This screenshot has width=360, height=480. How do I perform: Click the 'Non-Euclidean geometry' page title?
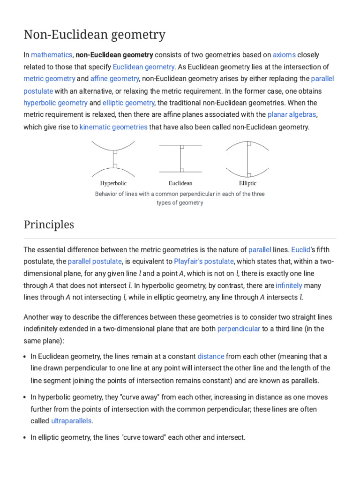[94, 35]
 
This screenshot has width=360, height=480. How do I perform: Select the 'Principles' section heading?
[49, 225]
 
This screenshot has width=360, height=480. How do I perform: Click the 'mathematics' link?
[52, 55]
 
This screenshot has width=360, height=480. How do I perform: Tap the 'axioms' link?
[284, 55]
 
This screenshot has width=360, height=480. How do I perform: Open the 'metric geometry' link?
[49, 79]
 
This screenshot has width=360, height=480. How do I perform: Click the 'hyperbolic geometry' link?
[55, 103]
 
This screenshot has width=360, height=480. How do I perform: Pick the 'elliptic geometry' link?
[128, 103]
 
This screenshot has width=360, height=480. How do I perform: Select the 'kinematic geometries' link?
[113, 127]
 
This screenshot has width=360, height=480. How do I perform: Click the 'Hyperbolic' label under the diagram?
[113, 183]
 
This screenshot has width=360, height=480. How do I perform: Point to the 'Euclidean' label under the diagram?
[180, 183]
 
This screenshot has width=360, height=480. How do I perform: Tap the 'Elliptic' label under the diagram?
[247, 183]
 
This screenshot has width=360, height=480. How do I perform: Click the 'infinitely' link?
[289, 285]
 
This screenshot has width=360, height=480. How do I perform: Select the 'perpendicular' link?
[239, 329]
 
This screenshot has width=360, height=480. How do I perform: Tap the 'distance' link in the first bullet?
[211, 356]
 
